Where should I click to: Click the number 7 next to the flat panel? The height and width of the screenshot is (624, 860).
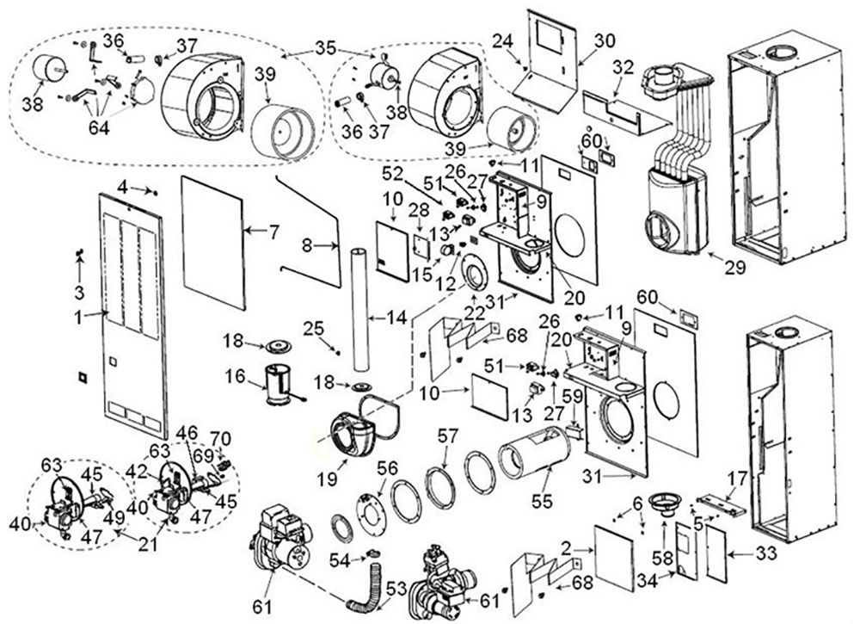(x=273, y=231)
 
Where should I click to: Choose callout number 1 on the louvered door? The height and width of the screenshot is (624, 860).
(x=77, y=316)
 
